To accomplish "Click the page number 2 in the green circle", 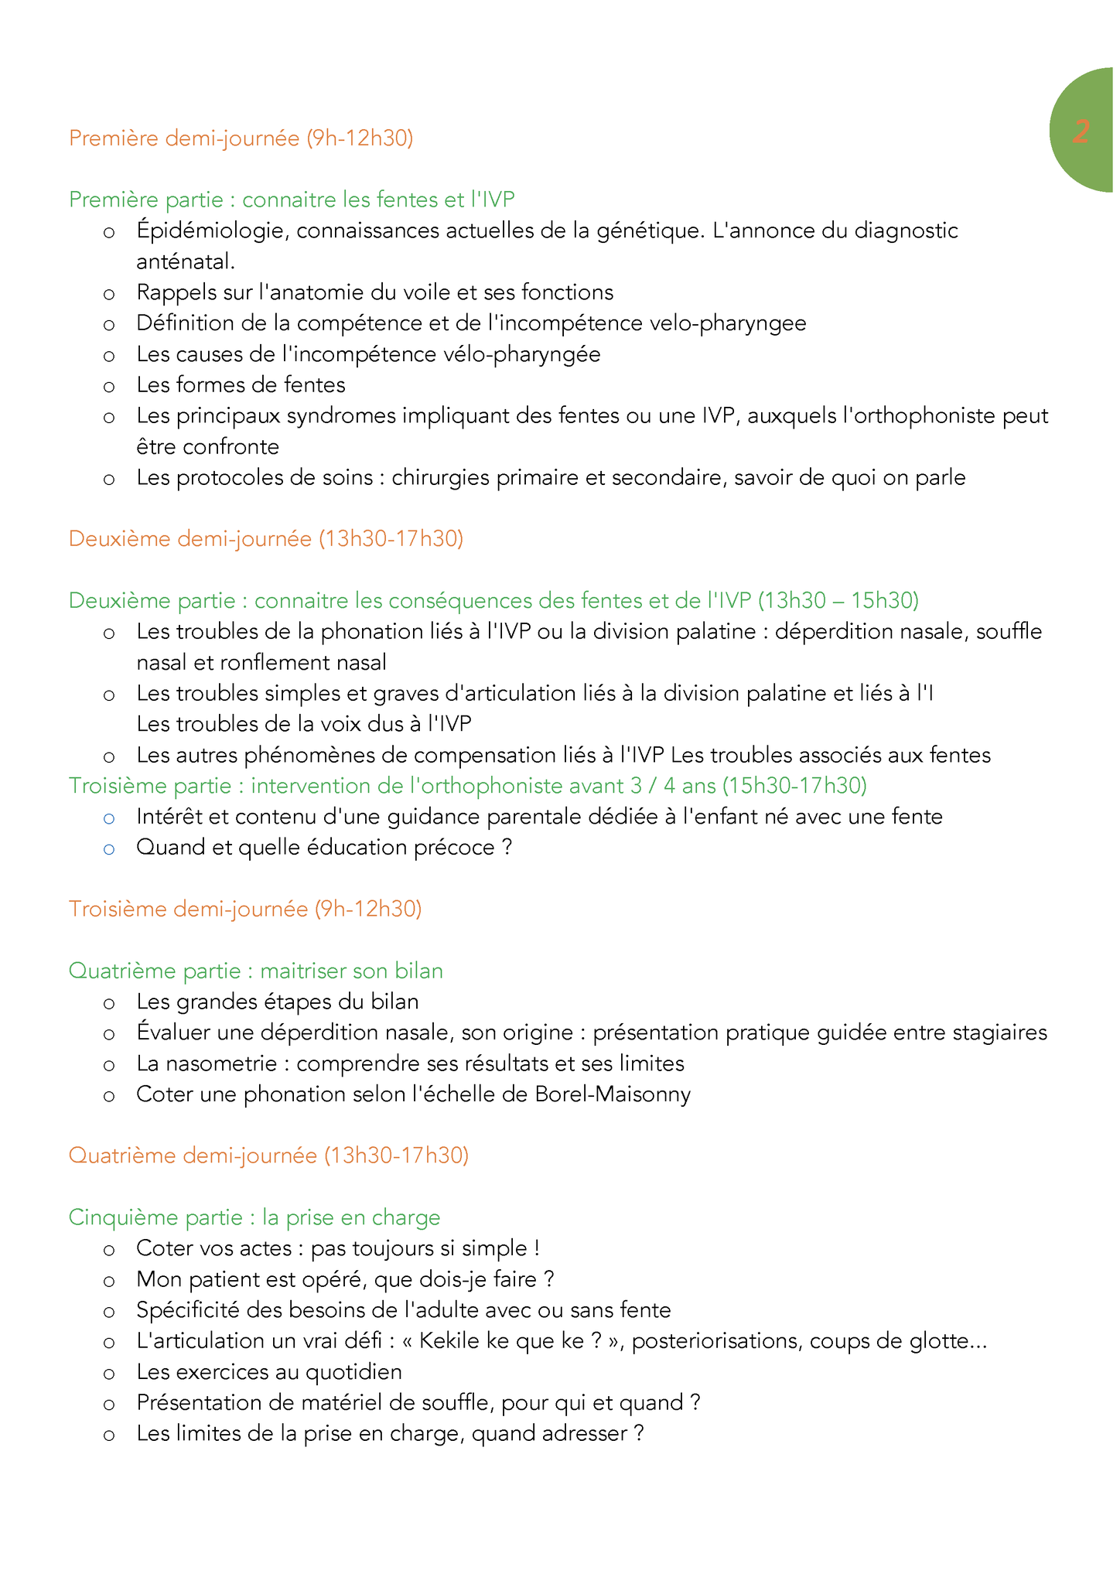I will (x=1081, y=132).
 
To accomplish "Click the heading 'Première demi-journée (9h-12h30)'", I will (x=241, y=138).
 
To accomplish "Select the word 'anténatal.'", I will (x=186, y=261).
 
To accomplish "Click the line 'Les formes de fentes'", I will (x=241, y=384).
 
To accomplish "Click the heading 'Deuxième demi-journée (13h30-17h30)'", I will (x=265, y=538).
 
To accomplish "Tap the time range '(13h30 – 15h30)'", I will (x=838, y=600).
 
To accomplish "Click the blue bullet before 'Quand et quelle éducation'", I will (x=109, y=848).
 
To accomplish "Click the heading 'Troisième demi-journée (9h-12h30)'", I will (x=244, y=909).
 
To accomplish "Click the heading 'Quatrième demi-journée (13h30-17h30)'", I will (x=268, y=1156).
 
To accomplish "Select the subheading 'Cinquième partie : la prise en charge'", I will (x=254, y=1217).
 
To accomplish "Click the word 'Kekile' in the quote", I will (x=451, y=1340).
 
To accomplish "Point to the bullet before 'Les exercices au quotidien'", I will (x=109, y=1373).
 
